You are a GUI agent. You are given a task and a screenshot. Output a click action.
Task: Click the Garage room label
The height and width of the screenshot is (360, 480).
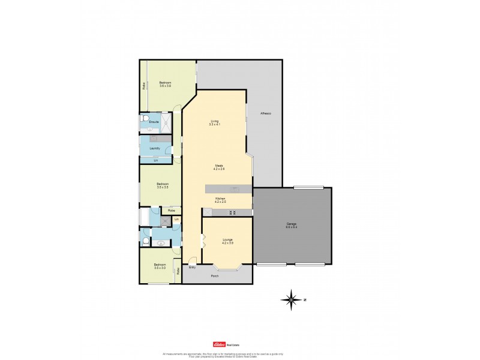(291, 225)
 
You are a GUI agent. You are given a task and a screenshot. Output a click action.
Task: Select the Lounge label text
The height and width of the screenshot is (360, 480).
(227, 240)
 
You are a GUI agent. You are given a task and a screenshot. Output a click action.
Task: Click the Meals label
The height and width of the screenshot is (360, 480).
(218, 167)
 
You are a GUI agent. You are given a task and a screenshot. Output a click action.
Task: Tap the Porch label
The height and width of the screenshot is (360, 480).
(215, 276)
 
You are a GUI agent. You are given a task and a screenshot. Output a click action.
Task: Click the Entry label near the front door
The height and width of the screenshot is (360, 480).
(192, 267)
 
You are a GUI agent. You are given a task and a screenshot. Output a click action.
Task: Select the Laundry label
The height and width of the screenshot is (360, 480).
(154, 148)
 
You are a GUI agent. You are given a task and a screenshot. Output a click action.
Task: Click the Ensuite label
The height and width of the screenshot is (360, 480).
(154, 122)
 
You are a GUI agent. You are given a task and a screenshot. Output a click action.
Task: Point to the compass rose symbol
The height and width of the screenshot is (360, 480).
(292, 299)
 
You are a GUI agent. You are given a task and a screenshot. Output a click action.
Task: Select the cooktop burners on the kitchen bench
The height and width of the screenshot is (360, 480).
(234, 212)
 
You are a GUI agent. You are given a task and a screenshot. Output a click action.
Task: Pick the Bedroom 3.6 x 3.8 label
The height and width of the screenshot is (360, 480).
(165, 84)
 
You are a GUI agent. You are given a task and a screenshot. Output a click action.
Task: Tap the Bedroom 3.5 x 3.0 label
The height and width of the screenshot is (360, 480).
(159, 266)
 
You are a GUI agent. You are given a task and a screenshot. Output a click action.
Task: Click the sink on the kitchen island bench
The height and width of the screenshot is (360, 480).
(235, 190)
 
